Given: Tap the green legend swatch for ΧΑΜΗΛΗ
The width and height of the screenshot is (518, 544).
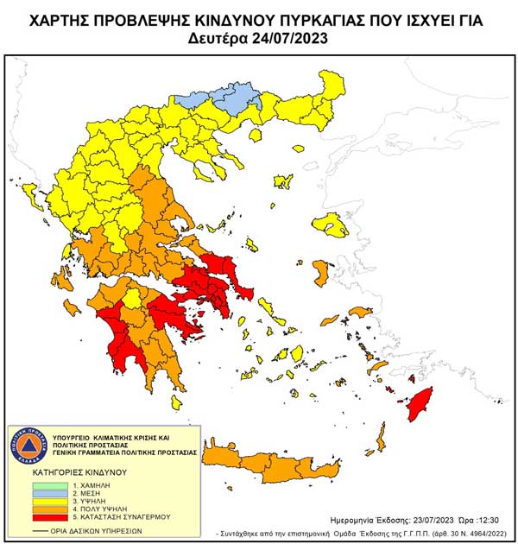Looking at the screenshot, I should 36,486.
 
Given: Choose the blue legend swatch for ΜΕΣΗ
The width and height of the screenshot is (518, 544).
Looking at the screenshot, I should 36,494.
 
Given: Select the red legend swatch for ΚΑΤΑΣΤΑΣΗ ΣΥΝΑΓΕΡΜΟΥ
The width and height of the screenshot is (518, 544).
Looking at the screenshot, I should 36,517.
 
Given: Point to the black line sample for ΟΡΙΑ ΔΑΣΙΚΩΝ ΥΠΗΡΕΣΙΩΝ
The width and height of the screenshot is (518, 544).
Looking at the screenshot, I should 36,529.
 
